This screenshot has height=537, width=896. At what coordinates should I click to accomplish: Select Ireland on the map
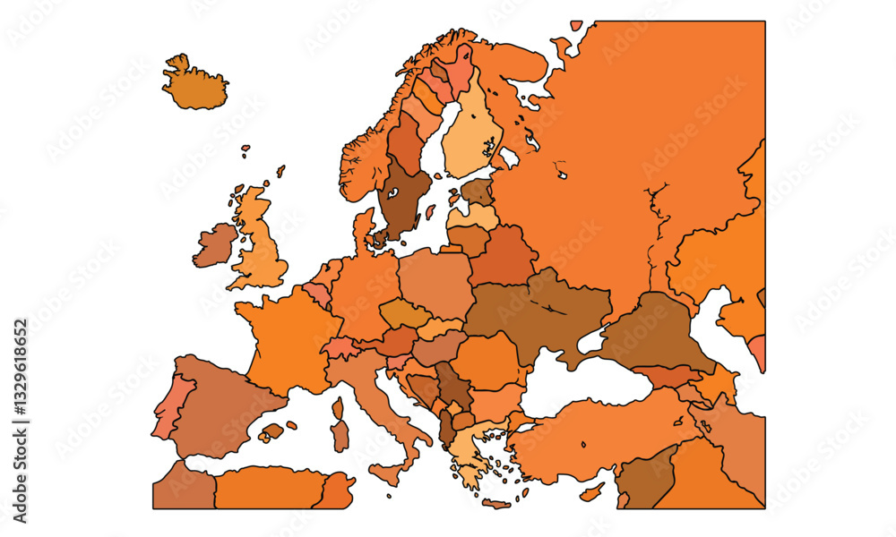click(213, 245)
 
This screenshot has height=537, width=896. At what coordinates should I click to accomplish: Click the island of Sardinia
click(340, 436)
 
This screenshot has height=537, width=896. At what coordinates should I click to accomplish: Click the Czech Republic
click(404, 313)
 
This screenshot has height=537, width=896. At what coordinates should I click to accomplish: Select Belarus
click(502, 256)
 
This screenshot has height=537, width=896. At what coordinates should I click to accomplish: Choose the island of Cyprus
click(592, 491)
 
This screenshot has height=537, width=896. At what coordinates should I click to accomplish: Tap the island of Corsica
click(339, 409)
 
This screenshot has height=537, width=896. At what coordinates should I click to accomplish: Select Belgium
click(317, 293)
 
